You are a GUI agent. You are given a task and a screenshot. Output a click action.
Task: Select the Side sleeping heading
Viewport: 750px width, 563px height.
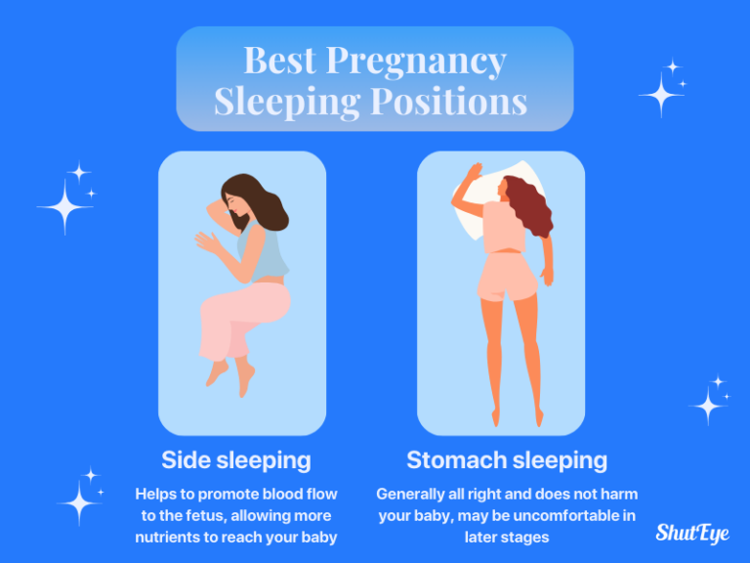(x=236, y=460)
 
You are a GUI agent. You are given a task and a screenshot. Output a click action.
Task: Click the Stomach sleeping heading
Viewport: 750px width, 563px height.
(x=507, y=460)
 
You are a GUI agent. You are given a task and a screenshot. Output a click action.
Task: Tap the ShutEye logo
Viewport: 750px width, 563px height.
(x=692, y=533)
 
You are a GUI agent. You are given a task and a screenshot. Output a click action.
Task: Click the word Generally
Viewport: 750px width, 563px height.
(x=414, y=494)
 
